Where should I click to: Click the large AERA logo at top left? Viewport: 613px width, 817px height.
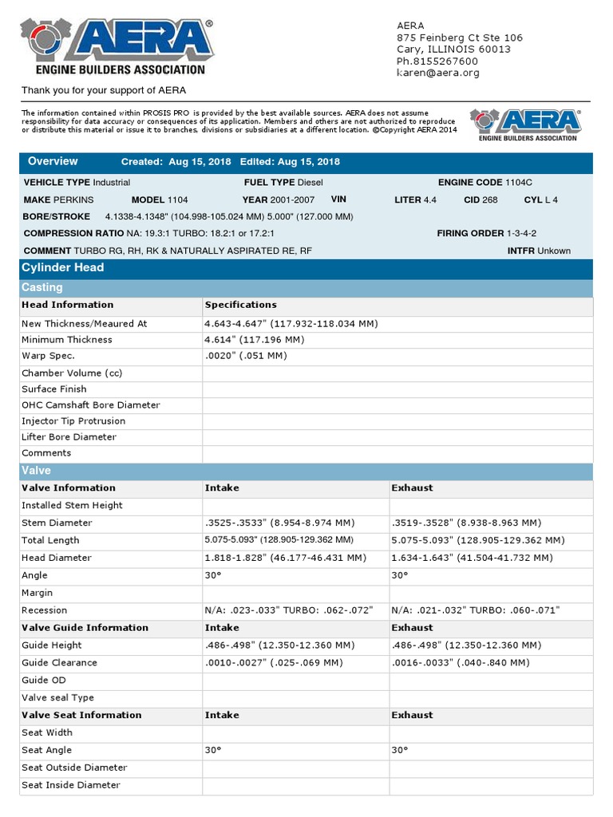point(117,47)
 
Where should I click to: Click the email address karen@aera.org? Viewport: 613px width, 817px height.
point(438,73)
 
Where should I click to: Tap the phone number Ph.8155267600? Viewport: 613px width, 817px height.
point(437,61)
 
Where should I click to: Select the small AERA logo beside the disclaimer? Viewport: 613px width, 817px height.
point(525,125)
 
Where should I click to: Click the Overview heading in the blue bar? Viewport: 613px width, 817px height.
point(53,161)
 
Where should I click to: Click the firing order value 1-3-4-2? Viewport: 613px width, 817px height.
point(521,233)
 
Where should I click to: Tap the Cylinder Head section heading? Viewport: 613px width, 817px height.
point(62,267)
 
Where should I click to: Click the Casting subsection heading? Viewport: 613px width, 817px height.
point(42,287)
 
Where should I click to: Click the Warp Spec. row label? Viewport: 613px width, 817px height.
point(48,356)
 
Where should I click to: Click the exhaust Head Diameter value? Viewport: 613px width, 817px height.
point(466,558)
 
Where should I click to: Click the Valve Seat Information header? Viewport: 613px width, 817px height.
point(81,716)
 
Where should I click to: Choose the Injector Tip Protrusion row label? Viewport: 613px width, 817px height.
point(73,421)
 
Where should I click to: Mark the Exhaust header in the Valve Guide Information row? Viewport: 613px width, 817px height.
point(412,628)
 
